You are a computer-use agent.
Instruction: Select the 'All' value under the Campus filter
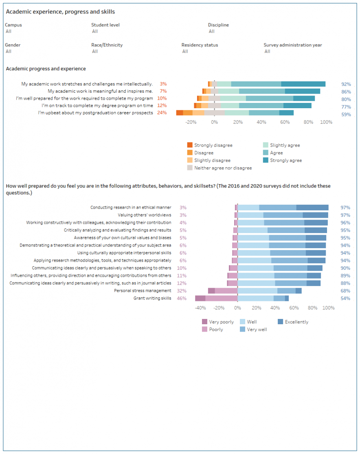click(9, 31)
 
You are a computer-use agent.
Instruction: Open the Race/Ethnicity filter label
click(107, 45)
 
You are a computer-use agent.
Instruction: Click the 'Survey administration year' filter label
click(292, 45)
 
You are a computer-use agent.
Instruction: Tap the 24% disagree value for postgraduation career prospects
click(162, 113)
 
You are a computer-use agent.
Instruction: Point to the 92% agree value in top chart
click(346, 84)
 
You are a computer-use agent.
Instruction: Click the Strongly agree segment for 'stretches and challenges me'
click(303, 84)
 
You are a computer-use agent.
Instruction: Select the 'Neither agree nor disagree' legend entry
click(223, 168)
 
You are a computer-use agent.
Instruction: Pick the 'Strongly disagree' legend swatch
click(190, 145)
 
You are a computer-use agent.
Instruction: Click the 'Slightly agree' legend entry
click(285, 145)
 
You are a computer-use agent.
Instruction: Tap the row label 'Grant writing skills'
click(152, 298)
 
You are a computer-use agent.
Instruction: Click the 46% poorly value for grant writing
click(182, 298)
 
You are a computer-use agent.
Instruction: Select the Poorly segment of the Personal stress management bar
click(226, 291)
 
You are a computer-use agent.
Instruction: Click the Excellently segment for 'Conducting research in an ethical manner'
click(312, 207)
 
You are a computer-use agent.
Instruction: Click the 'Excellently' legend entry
click(296, 322)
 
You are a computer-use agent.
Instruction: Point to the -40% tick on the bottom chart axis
click(200, 308)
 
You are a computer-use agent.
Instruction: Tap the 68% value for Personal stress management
click(345, 291)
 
